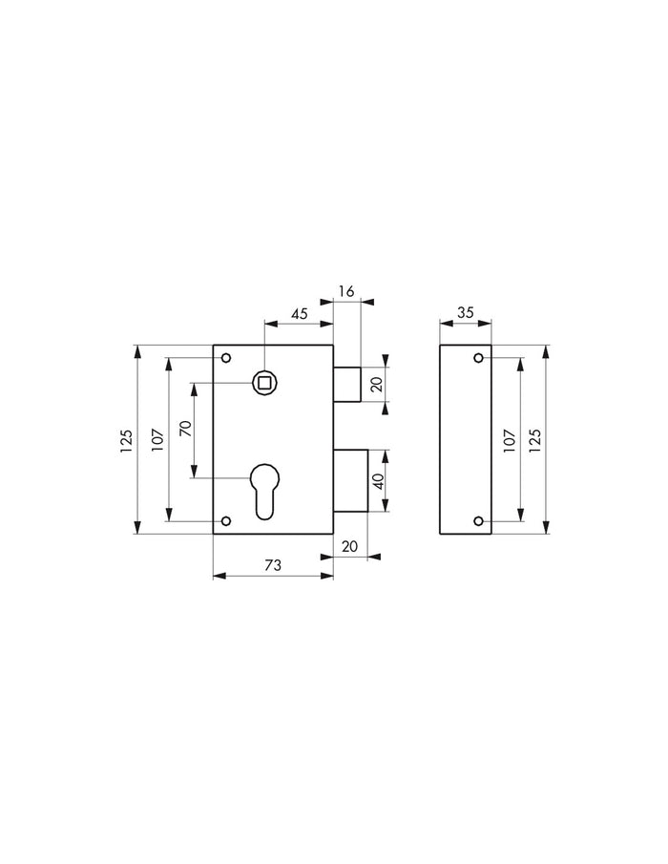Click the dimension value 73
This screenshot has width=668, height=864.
point(272,565)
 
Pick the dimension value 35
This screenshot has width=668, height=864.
point(465,311)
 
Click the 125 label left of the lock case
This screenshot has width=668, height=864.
point(126,440)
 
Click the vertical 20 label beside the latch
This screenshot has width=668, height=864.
point(377,385)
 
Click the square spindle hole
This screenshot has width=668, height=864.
point(264,383)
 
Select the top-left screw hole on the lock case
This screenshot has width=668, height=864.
point(226,359)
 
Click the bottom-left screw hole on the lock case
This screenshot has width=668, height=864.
point(226,521)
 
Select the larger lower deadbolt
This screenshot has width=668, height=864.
point(350,479)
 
